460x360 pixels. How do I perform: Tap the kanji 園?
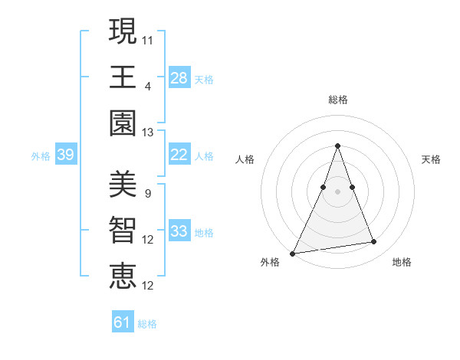(123, 123)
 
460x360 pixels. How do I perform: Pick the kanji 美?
(123, 184)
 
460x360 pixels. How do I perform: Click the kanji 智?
(123, 230)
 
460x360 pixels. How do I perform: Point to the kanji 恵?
(123, 276)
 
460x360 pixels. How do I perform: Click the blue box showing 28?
(179, 78)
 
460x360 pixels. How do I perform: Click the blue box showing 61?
(123, 322)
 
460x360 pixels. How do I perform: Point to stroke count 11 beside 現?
(148, 40)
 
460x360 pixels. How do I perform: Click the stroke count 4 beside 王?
(147, 86)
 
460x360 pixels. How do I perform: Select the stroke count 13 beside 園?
(148, 133)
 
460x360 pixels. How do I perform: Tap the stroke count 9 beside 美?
(147, 194)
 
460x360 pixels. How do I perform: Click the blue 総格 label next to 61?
(147, 324)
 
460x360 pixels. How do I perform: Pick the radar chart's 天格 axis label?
(431, 159)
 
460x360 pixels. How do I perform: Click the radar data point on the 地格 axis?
(374, 242)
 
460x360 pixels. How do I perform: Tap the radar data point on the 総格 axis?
(337, 146)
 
